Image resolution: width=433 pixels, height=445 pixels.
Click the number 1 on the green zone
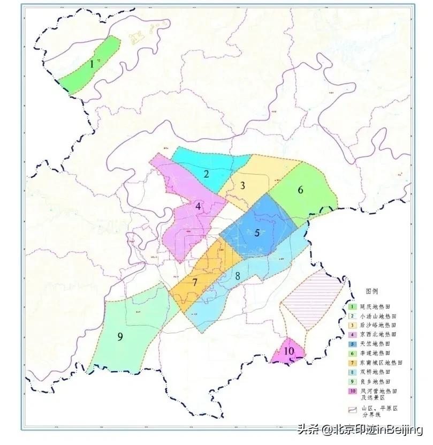pyautogui.click(x=92, y=64)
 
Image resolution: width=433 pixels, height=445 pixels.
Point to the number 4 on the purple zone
pyautogui.click(x=198, y=206)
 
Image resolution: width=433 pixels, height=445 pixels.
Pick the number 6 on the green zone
pyautogui.click(x=301, y=190)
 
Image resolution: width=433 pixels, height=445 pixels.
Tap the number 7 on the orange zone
pyautogui.click(x=195, y=282)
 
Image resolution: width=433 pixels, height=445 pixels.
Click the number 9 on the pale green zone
pyautogui.click(x=120, y=336)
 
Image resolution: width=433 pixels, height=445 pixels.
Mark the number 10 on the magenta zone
pyautogui.click(x=289, y=351)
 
